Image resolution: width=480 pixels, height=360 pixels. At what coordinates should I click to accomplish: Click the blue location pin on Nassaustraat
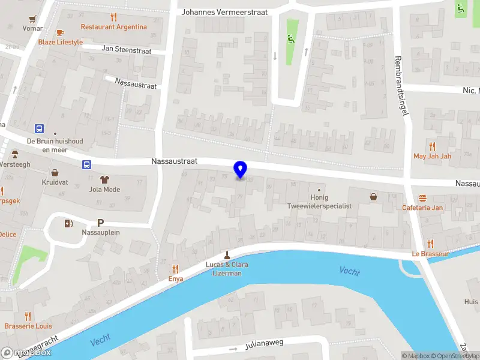click(x=241, y=170)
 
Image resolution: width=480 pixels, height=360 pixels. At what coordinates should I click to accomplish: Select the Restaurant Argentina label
click(x=113, y=27)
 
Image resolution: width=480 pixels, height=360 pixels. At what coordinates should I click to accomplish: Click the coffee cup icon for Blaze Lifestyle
click(x=60, y=32)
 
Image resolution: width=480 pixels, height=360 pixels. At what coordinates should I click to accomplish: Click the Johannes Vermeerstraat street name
click(x=224, y=11)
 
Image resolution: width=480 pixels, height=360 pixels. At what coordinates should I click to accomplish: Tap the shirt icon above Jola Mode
click(x=106, y=179)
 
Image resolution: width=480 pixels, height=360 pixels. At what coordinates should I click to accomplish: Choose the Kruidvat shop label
click(x=55, y=182)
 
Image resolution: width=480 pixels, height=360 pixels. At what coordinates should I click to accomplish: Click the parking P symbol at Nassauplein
click(x=100, y=223)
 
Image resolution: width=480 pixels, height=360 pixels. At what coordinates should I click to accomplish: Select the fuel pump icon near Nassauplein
click(x=69, y=223)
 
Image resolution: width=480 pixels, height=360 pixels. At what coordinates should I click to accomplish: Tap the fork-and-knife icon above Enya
click(x=175, y=269)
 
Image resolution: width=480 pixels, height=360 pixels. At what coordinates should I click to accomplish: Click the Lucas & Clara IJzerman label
click(x=227, y=269)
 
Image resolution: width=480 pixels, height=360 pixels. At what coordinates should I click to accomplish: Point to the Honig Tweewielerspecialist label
click(x=319, y=202)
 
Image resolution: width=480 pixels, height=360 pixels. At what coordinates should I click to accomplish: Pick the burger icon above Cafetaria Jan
click(x=422, y=197)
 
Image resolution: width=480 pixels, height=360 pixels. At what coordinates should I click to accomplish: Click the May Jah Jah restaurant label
click(x=431, y=157)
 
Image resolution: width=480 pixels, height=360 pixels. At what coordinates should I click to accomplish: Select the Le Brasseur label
click(x=430, y=254)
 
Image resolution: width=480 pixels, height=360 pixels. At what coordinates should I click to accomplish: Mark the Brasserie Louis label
click(x=28, y=326)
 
